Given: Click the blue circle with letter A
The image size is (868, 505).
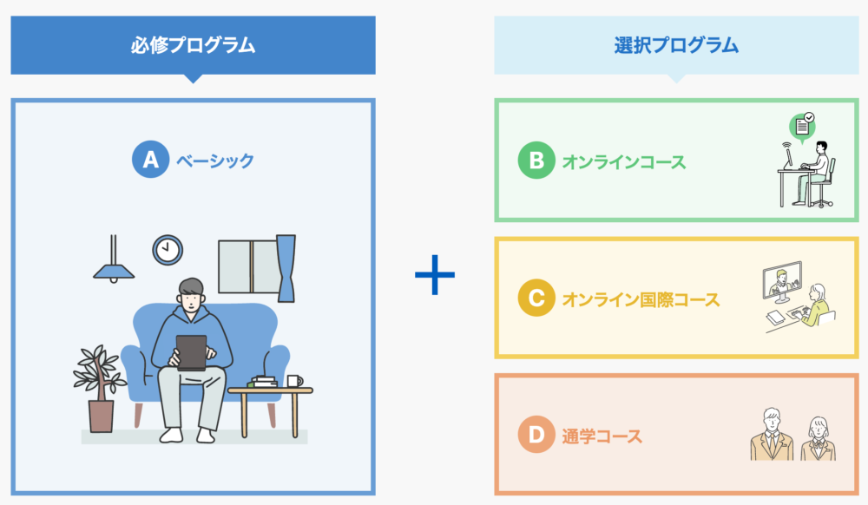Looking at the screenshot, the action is tap(150, 160).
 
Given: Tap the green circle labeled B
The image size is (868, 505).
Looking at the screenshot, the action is tap(536, 161).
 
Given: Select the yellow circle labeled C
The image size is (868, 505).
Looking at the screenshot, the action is tap(536, 298).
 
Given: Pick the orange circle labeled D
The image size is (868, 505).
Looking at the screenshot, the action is tap(536, 434).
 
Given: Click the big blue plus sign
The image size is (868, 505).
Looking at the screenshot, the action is tap(435, 274).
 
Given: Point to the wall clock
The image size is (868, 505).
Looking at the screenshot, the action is tap(168, 250).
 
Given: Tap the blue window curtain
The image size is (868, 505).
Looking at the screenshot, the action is tap(286, 268).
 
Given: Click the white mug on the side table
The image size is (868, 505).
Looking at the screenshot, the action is tap(294, 381).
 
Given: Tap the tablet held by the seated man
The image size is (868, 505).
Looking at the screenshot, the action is tap(192, 352).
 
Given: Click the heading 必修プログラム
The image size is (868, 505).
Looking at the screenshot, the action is tap(194, 45).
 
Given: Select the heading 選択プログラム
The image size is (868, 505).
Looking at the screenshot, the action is tap(676, 45).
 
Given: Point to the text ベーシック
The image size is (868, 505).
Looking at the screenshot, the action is tap(215, 161).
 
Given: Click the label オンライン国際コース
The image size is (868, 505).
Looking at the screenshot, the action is tap(641, 299).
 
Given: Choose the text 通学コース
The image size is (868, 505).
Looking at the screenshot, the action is tap(602, 436).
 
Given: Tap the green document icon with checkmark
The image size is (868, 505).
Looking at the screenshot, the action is tap(802, 127).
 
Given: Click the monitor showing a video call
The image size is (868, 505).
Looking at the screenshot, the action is tap(782, 281).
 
